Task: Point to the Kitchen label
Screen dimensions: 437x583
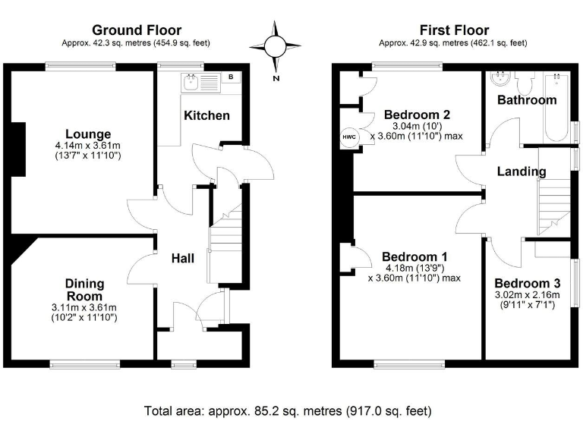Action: click(x=206, y=115)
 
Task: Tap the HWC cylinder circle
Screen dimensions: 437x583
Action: click(x=348, y=137)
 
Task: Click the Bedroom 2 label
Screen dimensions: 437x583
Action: click(x=417, y=115)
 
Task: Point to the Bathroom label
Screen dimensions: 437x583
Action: click(x=526, y=99)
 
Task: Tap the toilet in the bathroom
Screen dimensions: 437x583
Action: click(x=523, y=80)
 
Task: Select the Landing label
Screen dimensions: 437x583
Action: click(x=522, y=171)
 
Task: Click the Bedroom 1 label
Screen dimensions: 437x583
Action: click(x=414, y=256)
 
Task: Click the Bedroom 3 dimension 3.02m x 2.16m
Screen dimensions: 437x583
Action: click(x=527, y=295)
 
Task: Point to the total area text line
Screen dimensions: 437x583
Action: click(x=288, y=411)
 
